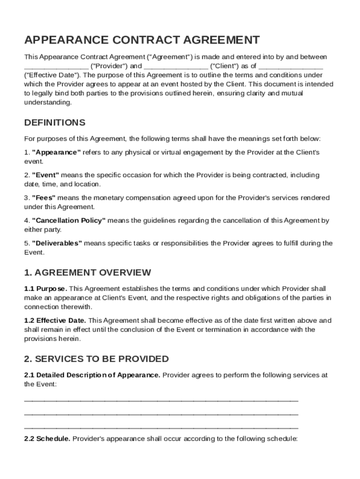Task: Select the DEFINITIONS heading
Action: (55, 123)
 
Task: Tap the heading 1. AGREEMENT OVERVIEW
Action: (87, 272)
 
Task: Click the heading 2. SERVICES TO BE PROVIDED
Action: (96, 359)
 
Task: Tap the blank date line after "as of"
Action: (290, 67)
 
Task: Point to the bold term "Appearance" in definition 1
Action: (56, 152)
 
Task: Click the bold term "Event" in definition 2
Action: (45, 175)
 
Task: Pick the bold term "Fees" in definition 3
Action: (44, 198)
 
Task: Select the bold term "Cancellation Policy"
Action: (69, 220)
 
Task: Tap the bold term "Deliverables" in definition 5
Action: (57, 243)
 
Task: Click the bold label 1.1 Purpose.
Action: (45, 289)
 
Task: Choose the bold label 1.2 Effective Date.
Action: (55, 320)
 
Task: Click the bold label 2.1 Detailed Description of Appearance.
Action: (92, 375)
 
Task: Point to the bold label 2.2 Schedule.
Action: (47, 439)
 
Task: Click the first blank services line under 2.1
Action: (161, 401)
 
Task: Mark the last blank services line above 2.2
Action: (161, 428)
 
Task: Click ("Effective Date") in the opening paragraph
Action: (52, 75)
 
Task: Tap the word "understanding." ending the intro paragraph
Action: (48, 102)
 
